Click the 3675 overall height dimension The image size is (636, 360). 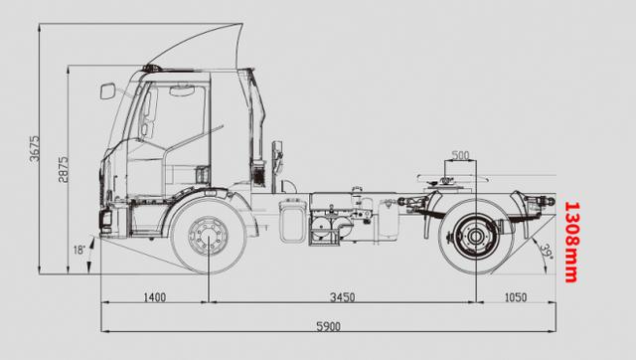pyautogui.click(x=35, y=148)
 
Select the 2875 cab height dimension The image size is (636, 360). pyautogui.click(x=63, y=169)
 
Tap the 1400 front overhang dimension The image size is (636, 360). pyautogui.click(x=155, y=297)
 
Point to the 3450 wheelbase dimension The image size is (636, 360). pyautogui.click(x=342, y=297)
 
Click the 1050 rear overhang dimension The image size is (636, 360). pyautogui.click(x=516, y=297)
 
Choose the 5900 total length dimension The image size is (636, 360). pyautogui.click(x=328, y=326)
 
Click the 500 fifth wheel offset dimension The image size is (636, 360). pyautogui.click(x=460, y=155)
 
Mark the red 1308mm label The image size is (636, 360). pyautogui.click(x=572, y=242)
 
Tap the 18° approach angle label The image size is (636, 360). pyautogui.click(x=79, y=250)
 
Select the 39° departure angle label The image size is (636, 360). pyautogui.click(x=547, y=251)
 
